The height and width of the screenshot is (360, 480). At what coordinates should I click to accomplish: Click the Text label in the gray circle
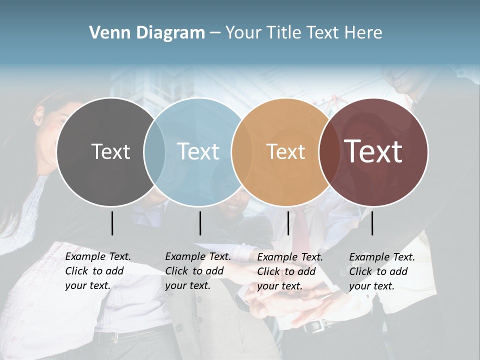(110, 151)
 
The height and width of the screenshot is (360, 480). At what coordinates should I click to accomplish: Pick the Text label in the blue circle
(198, 151)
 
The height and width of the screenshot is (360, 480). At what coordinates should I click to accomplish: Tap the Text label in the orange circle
(285, 151)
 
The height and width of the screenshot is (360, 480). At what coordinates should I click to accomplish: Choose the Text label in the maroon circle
(373, 151)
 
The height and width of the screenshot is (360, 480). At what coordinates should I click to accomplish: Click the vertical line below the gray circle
(112, 223)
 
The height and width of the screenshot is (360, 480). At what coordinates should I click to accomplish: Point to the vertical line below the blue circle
(200, 223)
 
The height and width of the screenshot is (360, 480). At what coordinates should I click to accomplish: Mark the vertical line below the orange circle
(288, 223)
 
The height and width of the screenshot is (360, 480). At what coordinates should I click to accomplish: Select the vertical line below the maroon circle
(372, 223)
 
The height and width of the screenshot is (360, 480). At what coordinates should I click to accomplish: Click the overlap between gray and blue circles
(154, 152)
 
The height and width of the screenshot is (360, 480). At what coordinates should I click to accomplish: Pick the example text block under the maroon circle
(381, 271)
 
